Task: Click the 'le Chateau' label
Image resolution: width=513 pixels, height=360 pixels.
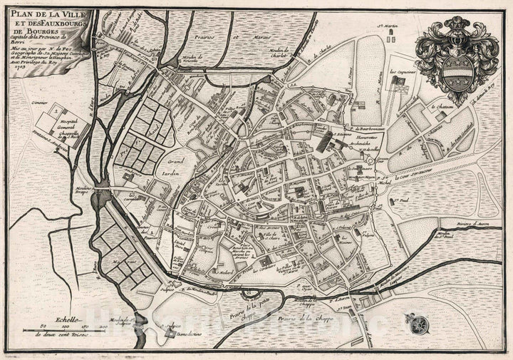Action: click(442, 107)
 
